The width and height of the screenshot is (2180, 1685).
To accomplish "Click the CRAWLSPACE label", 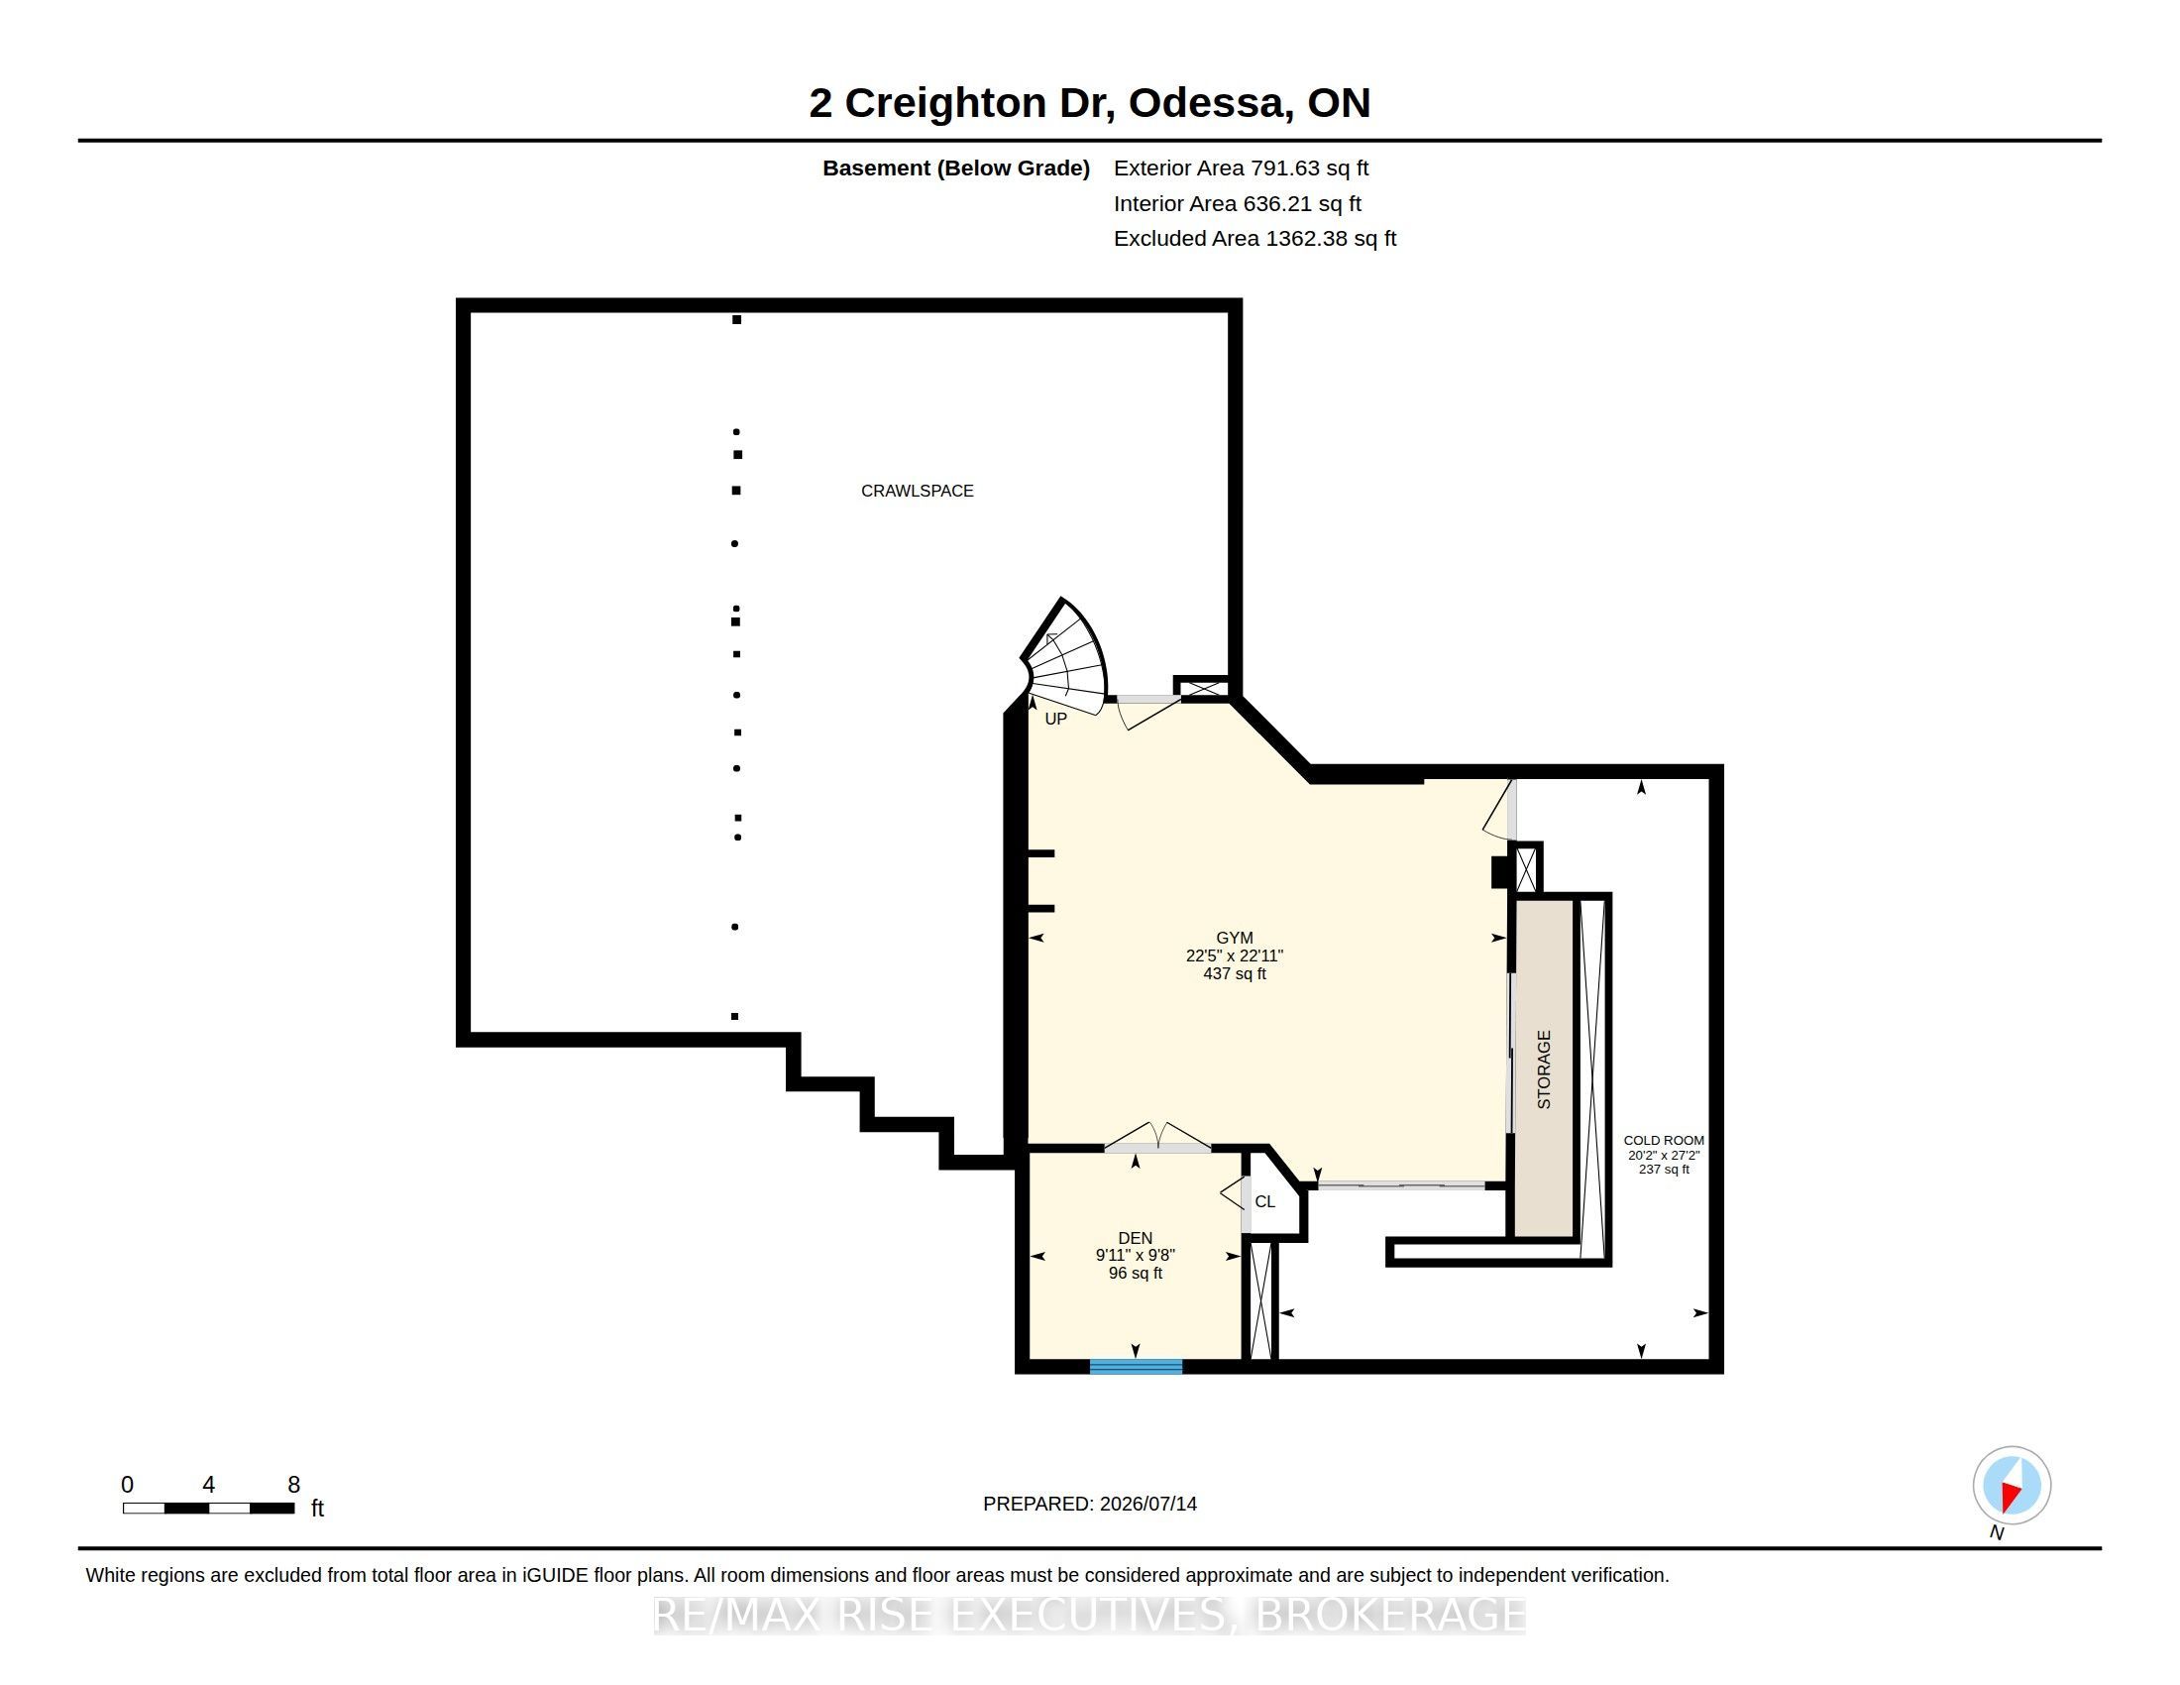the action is click(x=918, y=491).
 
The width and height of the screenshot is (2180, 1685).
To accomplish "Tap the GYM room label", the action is click(x=1235, y=939).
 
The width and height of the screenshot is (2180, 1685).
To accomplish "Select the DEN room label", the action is click(x=1135, y=1238).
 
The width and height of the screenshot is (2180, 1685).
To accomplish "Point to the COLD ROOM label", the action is click(x=1664, y=1140).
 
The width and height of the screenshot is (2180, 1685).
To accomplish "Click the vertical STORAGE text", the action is click(x=1544, y=1070).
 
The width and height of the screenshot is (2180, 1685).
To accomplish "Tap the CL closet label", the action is click(x=1264, y=1202).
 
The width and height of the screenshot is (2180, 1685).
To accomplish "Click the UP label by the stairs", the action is click(x=1055, y=719).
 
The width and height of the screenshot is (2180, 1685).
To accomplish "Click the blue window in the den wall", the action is click(x=1136, y=1367).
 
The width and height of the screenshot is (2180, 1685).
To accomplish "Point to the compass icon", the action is click(x=2012, y=1486).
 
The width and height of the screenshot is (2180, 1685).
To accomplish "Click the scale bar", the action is click(x=209, y=1509).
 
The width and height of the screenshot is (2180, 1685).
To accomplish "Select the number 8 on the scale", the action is click(x=293, y=1485).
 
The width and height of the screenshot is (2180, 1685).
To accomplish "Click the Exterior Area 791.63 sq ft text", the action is click(x=1241, y=168).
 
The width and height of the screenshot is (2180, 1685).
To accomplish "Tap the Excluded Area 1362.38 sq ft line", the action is click(x=1254, y=239).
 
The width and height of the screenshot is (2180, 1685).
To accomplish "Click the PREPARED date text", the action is click(x=1090, y=1504).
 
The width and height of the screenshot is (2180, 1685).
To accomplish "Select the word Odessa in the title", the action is click(x=1207, y=103).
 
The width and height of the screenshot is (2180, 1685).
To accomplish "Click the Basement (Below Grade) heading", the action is click(x=955, y=168).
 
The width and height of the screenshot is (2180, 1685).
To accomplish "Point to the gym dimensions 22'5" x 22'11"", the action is click(x=1235, y=956).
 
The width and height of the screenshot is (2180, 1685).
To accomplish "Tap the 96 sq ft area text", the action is click(x=1135, y=1274).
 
